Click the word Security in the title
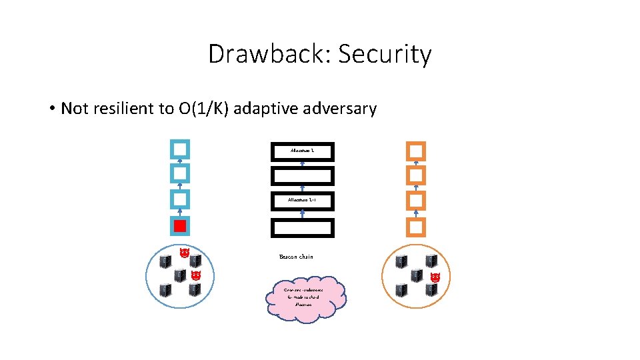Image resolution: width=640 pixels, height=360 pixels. [385, 54]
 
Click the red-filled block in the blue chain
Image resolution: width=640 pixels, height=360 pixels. [180, 226]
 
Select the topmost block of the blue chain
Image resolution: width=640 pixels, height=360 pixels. [180, 149]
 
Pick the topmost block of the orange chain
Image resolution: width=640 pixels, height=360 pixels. [416, 151]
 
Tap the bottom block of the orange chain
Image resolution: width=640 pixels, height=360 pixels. [416, 227]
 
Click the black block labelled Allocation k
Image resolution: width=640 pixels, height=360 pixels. [302, 151]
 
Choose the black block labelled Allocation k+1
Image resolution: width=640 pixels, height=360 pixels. [302, 200]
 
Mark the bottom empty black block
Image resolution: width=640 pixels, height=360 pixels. [302, 227]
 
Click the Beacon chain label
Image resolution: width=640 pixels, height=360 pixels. [296, 257]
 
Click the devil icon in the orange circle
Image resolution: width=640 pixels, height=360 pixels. [435, 277]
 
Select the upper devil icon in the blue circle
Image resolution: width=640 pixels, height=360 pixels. [184, 253]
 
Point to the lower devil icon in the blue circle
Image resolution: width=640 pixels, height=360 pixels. [195, 275]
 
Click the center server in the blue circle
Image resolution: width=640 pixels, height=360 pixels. [180, 275]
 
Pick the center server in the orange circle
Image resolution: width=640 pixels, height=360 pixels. [417, 275]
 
